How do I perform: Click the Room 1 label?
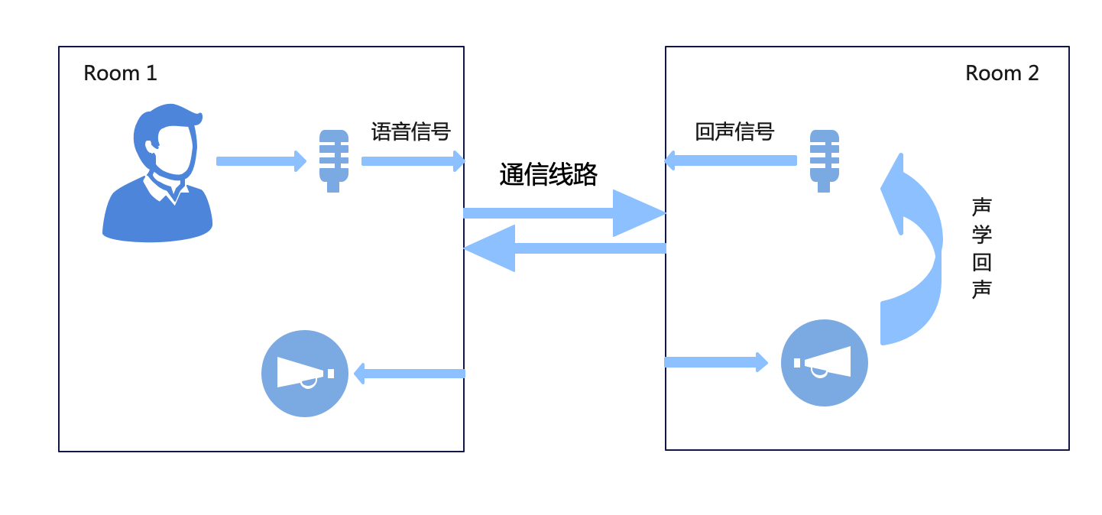coord(120,73)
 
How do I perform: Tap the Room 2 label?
coord(1002,73)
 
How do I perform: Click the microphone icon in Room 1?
coord(333,160)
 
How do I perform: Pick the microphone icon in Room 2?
coord(824,160)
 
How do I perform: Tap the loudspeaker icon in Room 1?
coord(305,374)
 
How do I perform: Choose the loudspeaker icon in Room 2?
coord(825,363)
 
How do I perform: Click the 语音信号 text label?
coord(411,132)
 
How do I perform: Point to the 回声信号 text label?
coord(735,132)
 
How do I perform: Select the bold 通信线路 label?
coord(549,175)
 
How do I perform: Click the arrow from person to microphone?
coord(261,161)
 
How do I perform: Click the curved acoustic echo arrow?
coord(912,252)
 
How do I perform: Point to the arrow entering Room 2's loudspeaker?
coord(715,362)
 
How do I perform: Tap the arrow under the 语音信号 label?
coord(413,161)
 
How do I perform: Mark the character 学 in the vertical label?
coord(982,235)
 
